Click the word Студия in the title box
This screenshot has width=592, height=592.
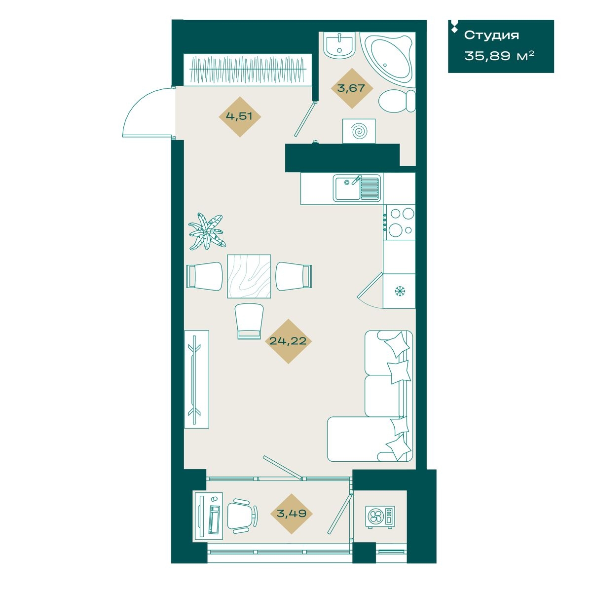pos(491,36)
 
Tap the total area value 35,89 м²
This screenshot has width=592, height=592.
pos(499,56)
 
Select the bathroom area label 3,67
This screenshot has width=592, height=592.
pos(351,88)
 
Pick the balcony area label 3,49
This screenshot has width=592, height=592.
pos(291,513)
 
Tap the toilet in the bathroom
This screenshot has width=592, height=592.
pos(397,101)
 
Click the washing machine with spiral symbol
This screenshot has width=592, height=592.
pos(359,131)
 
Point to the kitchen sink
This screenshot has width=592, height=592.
pos(357,187)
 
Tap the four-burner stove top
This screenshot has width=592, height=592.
pos(400,222)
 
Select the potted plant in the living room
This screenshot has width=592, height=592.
pos(206,232)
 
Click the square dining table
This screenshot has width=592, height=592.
pos(249,276)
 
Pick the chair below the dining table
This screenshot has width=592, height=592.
pos(249,321)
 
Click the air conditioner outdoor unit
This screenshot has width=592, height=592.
pos(380,517)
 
